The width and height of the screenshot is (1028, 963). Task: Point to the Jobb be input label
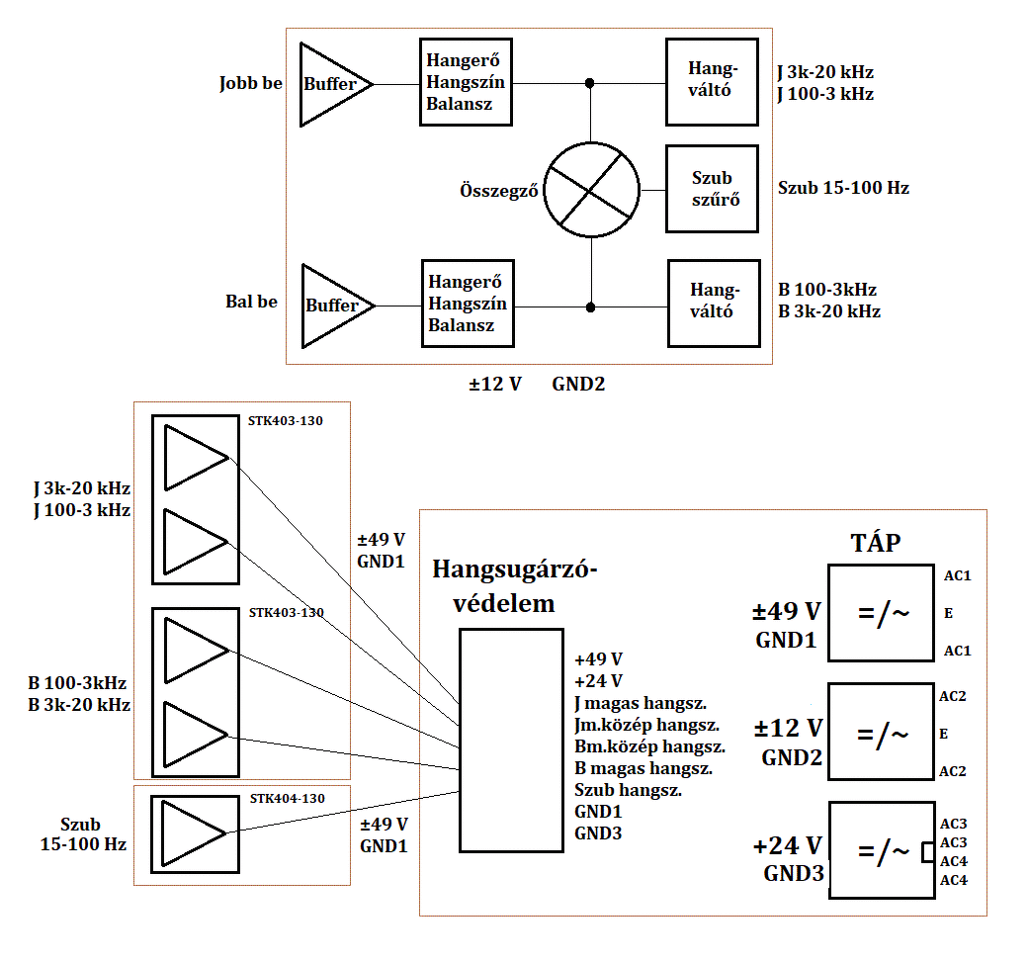click(x=250, y=84)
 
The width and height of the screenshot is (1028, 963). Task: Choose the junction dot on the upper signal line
click(x=590, y=83)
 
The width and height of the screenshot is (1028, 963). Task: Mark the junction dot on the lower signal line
click(x=591, y=307)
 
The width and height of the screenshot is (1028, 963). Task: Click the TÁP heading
click(x=875, y=543)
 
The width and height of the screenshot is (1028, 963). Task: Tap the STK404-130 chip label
click(x=288, y=798)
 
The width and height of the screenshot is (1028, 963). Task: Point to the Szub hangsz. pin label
click(x=628, y=791)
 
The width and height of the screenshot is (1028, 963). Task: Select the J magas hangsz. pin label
click(x=641, y=704)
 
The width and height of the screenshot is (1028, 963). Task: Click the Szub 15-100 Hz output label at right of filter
click(x=843, y=188)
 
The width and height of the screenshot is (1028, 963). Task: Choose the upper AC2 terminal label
click(x=953, y=696)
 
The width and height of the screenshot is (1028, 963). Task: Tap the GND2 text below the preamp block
click(x=578, y=384)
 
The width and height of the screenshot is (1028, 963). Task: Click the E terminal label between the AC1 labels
click(x=948, y=613)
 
